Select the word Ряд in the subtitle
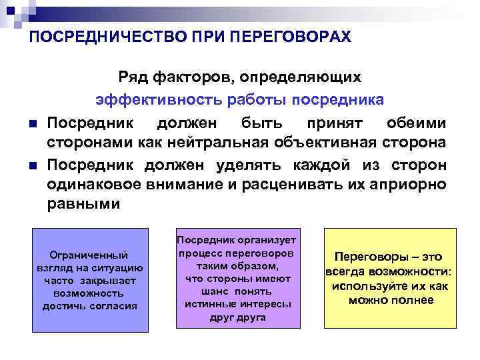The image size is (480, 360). (x=133, y=77)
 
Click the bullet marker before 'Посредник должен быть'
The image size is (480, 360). (x=32, y=124)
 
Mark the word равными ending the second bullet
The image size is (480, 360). (x=84, y=205)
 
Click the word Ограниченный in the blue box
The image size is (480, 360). (x=89, y=255)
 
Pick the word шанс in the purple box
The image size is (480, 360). (x=214, y=291)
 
